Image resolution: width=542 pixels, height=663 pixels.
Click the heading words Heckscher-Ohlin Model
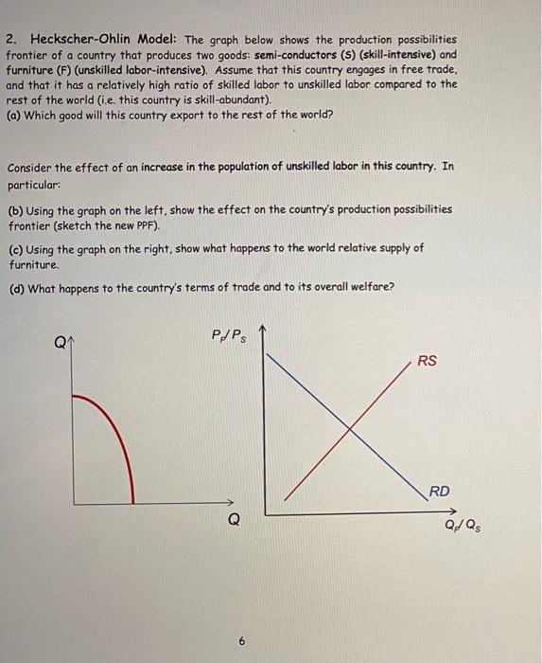[x=104, y=40]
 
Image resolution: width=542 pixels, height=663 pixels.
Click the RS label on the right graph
[x=428, y=361]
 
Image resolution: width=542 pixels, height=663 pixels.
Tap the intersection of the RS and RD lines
[x=350, y=430]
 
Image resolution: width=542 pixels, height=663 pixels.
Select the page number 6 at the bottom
[x=242, y=640]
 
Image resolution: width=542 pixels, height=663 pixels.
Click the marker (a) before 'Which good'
[x=14, y=114]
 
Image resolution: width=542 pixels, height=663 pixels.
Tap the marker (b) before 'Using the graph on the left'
[x=15, y=208]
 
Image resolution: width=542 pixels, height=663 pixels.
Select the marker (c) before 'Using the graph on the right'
[x=15, y=248]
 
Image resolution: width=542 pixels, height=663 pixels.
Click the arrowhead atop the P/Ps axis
[x=265, y=330]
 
